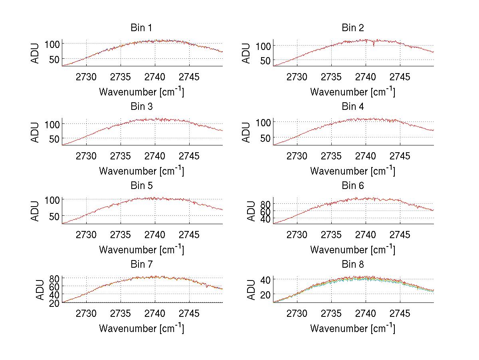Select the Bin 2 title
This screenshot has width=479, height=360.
(352, 28)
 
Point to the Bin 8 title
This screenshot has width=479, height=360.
(352, 265)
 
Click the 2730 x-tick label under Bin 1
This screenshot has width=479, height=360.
(86, 77)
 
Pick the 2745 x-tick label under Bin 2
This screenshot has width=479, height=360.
(400, 77)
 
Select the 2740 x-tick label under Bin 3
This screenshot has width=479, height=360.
(154, 156)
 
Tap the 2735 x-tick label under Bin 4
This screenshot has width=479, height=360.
(331, 156)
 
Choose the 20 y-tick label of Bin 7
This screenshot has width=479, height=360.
(55, 303)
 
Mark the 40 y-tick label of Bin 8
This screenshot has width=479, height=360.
(266, 279)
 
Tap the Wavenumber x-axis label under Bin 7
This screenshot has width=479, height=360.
(141, 328)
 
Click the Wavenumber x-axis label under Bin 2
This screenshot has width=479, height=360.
(352, 91)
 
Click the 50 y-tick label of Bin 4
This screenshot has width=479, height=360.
(266, 138)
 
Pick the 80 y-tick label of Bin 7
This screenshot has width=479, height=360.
(55, 278)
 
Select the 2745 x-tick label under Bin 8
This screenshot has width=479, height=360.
(400, 314)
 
